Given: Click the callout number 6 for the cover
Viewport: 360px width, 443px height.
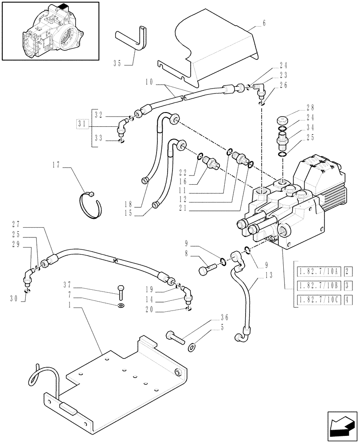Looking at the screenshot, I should pos(264,23).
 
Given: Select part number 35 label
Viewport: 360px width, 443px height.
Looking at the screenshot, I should pos(117,63).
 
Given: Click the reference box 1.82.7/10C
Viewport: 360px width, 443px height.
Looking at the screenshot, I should pos(318,299).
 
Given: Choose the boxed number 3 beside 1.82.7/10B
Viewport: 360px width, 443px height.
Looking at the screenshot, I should pos(348,285).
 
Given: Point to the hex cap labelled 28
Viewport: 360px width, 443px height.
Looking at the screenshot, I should pos(282,120).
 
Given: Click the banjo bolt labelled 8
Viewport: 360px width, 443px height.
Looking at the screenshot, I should pos(206,268).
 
